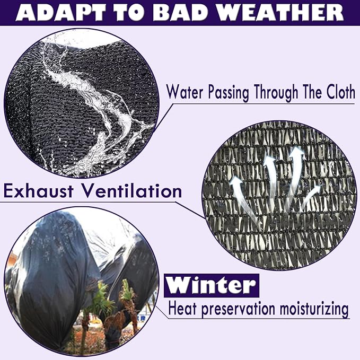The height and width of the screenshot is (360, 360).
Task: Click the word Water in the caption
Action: pyautogui.click(x=185, y=92)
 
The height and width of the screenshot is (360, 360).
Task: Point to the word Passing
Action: pyautogui.click(x=229, y=93)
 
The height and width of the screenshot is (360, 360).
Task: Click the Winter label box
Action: pyautogui.click(x=212, y=285)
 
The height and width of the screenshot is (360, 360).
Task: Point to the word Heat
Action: pyautogui.click(x=182, y=308)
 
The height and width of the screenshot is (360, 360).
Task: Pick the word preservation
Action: pyautogui.click(x=238, y=309)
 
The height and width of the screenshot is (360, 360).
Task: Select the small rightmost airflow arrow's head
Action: pyautogui.click(x=317, y=189)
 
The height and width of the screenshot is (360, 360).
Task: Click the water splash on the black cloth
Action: pyautogui.click(x=92, y=103)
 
